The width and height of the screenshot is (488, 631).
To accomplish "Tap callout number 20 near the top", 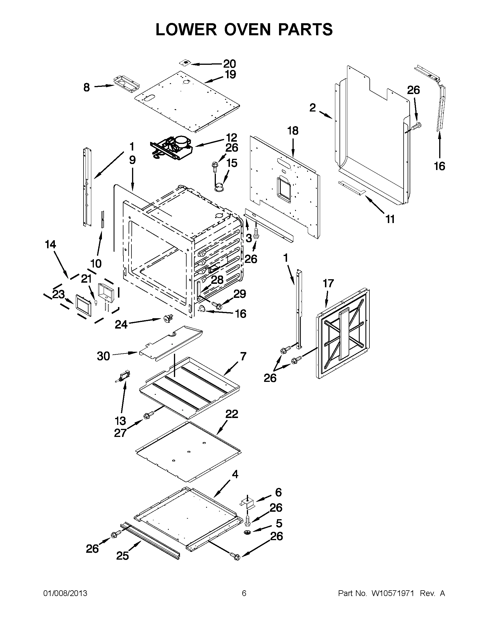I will [x=229, y=64].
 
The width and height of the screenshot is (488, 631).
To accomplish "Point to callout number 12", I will [x=231, y=138].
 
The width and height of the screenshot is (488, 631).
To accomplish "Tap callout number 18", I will [x=293, y=131].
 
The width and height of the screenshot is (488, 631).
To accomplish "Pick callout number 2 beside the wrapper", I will [x=312, y=108].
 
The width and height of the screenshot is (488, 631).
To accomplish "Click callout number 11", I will [x=390, y=219].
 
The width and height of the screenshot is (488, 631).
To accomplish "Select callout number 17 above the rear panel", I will [x=328, y=284].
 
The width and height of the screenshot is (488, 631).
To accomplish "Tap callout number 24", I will [x=121, y=325].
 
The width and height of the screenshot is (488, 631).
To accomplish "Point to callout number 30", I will [x=103, y=356].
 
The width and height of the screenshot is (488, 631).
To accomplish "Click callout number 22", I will [x=232, y=414].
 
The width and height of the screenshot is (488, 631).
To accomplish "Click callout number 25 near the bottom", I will [x=122, y=556].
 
